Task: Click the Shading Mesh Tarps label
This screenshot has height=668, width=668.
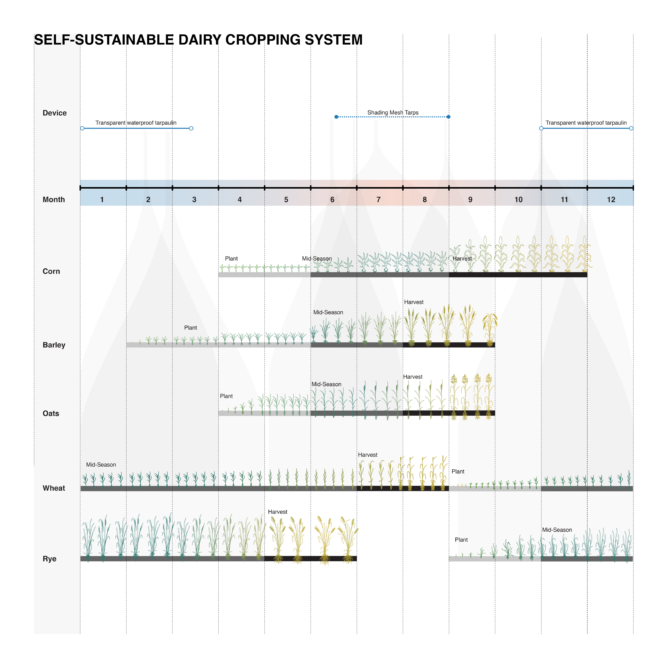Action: [393, 113]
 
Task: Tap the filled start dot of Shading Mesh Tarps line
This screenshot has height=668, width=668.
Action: [336, 117]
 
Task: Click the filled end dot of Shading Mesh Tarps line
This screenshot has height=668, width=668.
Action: [448, 117]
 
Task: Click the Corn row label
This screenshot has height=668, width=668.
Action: [51, 271]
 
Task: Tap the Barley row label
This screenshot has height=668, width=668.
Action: [54, 345]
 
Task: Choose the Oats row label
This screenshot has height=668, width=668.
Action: [51, 414]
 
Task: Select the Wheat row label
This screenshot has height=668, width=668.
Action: [54, 488]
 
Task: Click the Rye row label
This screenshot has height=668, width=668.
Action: [49, 559]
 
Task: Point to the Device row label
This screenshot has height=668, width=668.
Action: [55, 113]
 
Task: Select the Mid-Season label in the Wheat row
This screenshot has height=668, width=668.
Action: [101, 465]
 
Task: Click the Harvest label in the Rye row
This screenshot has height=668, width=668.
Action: [278, 512]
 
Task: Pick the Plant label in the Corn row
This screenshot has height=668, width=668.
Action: [231, 259]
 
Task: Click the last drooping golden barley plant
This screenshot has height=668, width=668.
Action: [490, 328]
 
